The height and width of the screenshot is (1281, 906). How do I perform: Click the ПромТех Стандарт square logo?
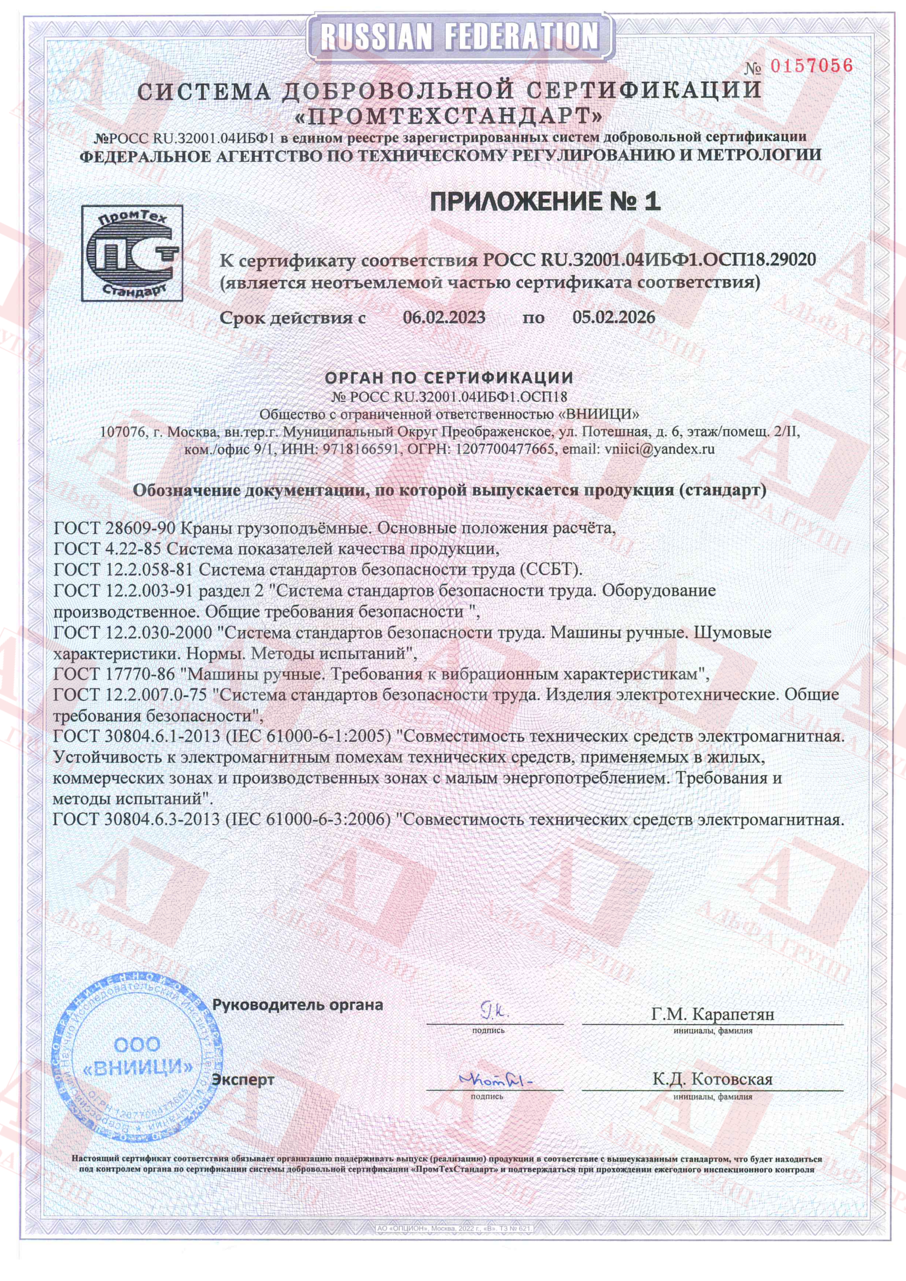132,253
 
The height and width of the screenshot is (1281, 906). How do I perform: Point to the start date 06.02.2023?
444,317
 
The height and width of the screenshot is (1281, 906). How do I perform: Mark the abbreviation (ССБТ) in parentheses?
551,570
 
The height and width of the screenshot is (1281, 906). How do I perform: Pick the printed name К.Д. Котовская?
712,1079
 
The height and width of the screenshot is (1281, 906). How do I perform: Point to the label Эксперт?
243,1079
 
